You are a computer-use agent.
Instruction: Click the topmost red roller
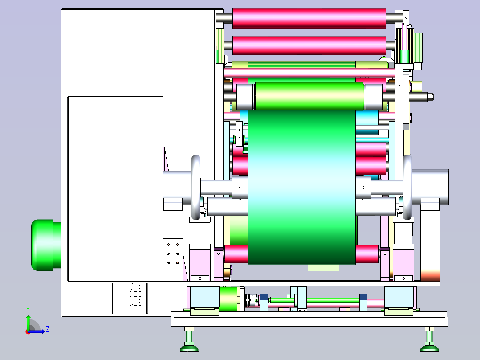tap(309, 18)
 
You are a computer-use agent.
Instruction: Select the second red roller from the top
tap(309, 45)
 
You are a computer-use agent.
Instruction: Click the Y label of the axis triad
tap(28, 310)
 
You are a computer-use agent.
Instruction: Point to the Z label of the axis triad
tap(48, 329)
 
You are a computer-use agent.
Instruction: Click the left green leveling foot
tap(189, 340)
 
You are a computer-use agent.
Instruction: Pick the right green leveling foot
tap(430, 340)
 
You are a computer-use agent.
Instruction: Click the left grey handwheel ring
tap(195, 188)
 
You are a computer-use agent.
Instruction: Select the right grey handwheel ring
tap(407, 188)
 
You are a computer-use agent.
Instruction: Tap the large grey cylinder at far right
tap(431, 187)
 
